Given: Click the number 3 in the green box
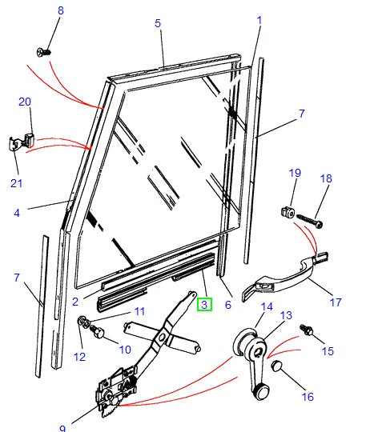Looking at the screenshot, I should pyautogui.click(x=204, y=304).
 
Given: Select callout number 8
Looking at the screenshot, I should pyautogui.click(x=59, y=10).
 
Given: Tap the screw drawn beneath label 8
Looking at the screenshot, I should pyautogui.click(x=46, y=52).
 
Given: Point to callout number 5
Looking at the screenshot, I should pyautogui.click(x=158, y=23).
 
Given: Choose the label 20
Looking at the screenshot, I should pyautogui.click(x=24, y=102).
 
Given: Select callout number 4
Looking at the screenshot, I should pyautogui.click(x=17, y=213).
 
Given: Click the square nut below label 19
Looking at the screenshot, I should pyautogui.click(x=288, y=213).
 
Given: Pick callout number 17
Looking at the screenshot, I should pyautogui.click(x=336, y=302).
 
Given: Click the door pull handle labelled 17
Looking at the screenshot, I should pyautogui.click(x=284, y=272).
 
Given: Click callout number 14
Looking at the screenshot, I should pyautogui.click(x=267, y=306).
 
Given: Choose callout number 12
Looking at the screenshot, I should pyautogui.click(x=79, y=357).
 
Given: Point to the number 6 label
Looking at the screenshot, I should pyautogui.click(x=228, y=304).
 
